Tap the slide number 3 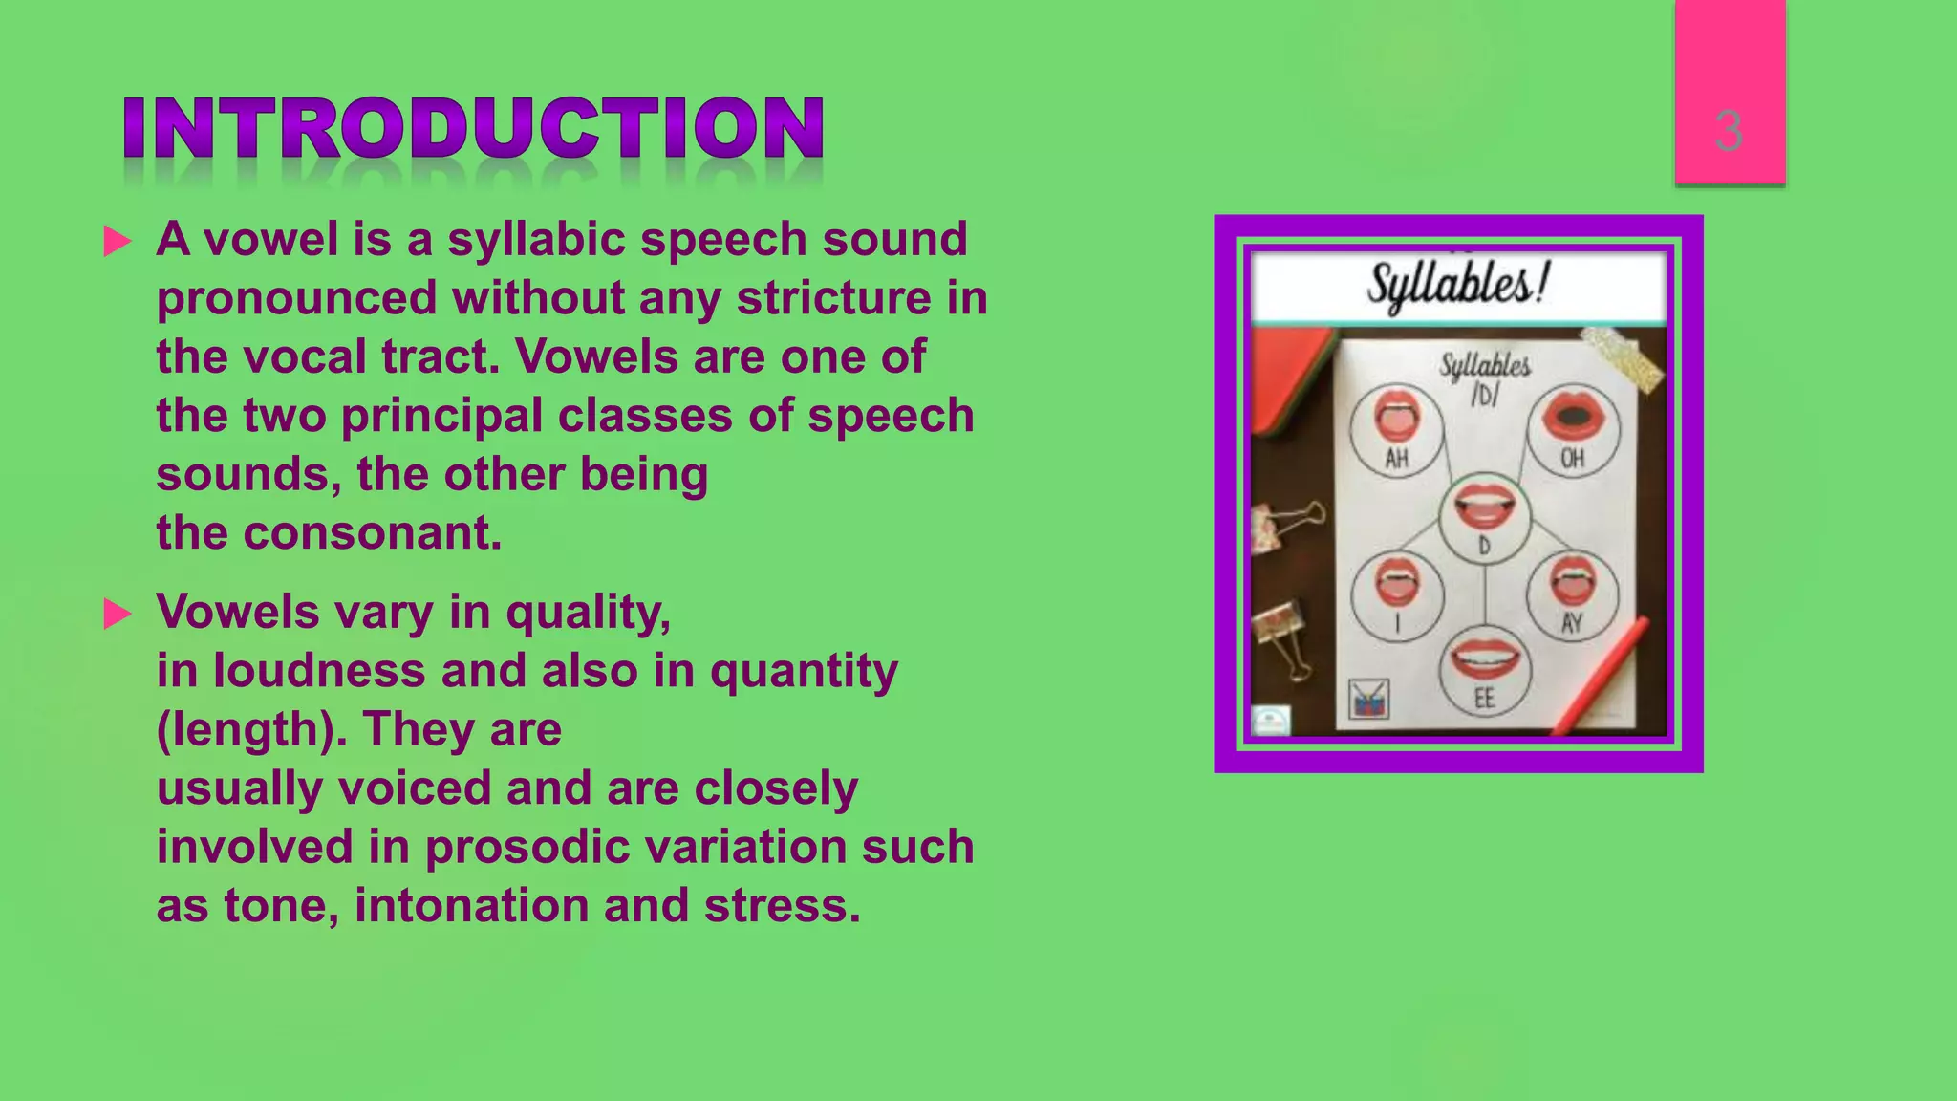click(x=1728, y=131)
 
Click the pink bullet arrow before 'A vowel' click(x=117, y=241)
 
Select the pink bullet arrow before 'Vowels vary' click(x=117, y=614)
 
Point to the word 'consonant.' click(x=372, y=533)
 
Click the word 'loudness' click(x=319, y=671)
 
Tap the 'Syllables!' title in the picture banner click(x=1457, y=285)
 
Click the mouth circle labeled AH click(x=1397, y=430)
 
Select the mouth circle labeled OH click(x=1572, y=429)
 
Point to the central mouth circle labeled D click(x=1484, y=516)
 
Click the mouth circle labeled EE click(x=1484, y=669)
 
